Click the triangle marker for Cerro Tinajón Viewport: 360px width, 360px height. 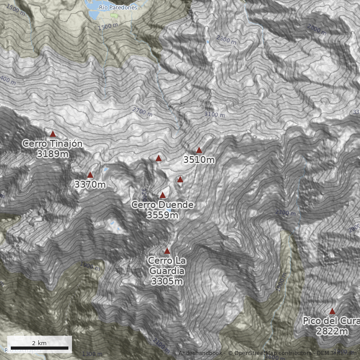pos(53,134)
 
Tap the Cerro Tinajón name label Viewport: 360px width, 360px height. pos(53,144)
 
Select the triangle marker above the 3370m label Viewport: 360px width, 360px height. pos(90,175)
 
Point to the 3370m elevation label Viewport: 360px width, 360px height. pos(90,184)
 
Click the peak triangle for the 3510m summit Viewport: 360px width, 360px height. pos(199,150)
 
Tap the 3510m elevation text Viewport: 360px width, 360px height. pos(199,160)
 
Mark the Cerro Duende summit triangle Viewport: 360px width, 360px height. pos(162,195)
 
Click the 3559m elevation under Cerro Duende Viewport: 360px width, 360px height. pos(162,215)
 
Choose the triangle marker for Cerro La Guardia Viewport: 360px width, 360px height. pos(167,251)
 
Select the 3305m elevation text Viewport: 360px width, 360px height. pos(167,282)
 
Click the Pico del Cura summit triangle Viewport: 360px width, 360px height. pos(332,311)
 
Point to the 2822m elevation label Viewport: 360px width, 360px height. pos(332,332)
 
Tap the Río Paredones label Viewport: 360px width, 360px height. pos(118,8)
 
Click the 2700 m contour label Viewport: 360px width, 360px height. pos(143,111)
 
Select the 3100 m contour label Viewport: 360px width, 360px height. pos(214,114)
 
